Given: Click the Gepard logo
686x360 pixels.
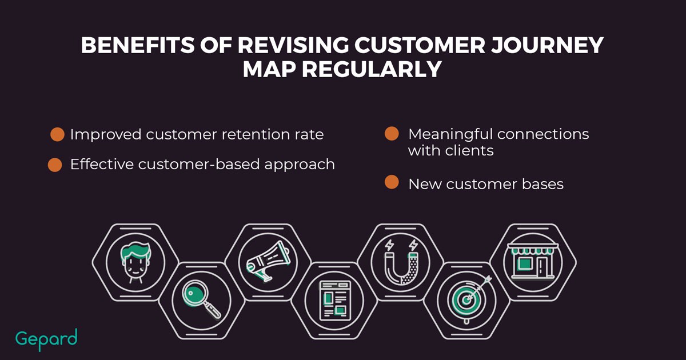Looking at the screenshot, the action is [46, 339].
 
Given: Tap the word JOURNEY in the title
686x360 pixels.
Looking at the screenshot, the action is [547, 45].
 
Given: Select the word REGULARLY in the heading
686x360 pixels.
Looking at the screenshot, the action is [372, 69].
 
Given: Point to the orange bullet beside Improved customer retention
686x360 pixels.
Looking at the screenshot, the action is [57, 134].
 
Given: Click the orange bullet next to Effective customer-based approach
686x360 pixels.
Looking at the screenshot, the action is [55, 165].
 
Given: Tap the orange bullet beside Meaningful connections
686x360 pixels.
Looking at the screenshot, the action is [392, 134].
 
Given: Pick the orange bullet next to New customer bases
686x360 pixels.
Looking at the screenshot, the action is [392, 182].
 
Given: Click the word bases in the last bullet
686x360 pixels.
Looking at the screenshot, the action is [543, 184].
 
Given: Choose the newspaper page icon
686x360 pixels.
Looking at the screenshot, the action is [335, 301].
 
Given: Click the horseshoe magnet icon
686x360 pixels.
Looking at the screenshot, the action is [401, 262].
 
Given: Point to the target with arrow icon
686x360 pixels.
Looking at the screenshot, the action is [468, 298].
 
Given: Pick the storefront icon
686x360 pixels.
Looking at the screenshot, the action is [533, 261].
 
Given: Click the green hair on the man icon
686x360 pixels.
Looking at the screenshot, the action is [135, 251].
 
